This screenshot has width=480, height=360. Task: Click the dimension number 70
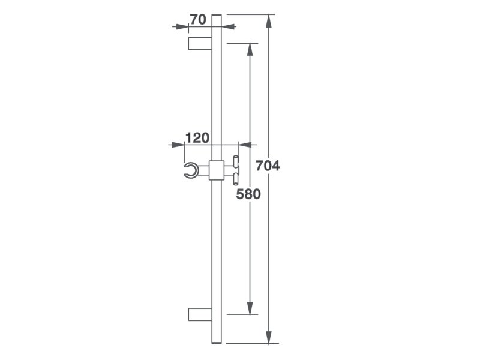click(198, 20)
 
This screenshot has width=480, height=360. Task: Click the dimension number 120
click(197, 138)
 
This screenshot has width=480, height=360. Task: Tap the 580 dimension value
click(248, 194)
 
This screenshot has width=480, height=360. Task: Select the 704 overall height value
click(268, 166)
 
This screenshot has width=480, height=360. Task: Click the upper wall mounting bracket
click(200, 43)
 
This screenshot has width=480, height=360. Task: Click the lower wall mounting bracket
click(200, 314)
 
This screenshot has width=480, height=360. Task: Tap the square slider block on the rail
click(217, 170)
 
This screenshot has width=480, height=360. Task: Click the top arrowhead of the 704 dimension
click(269, 21)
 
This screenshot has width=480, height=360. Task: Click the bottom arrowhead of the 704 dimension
click(269, 337)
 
